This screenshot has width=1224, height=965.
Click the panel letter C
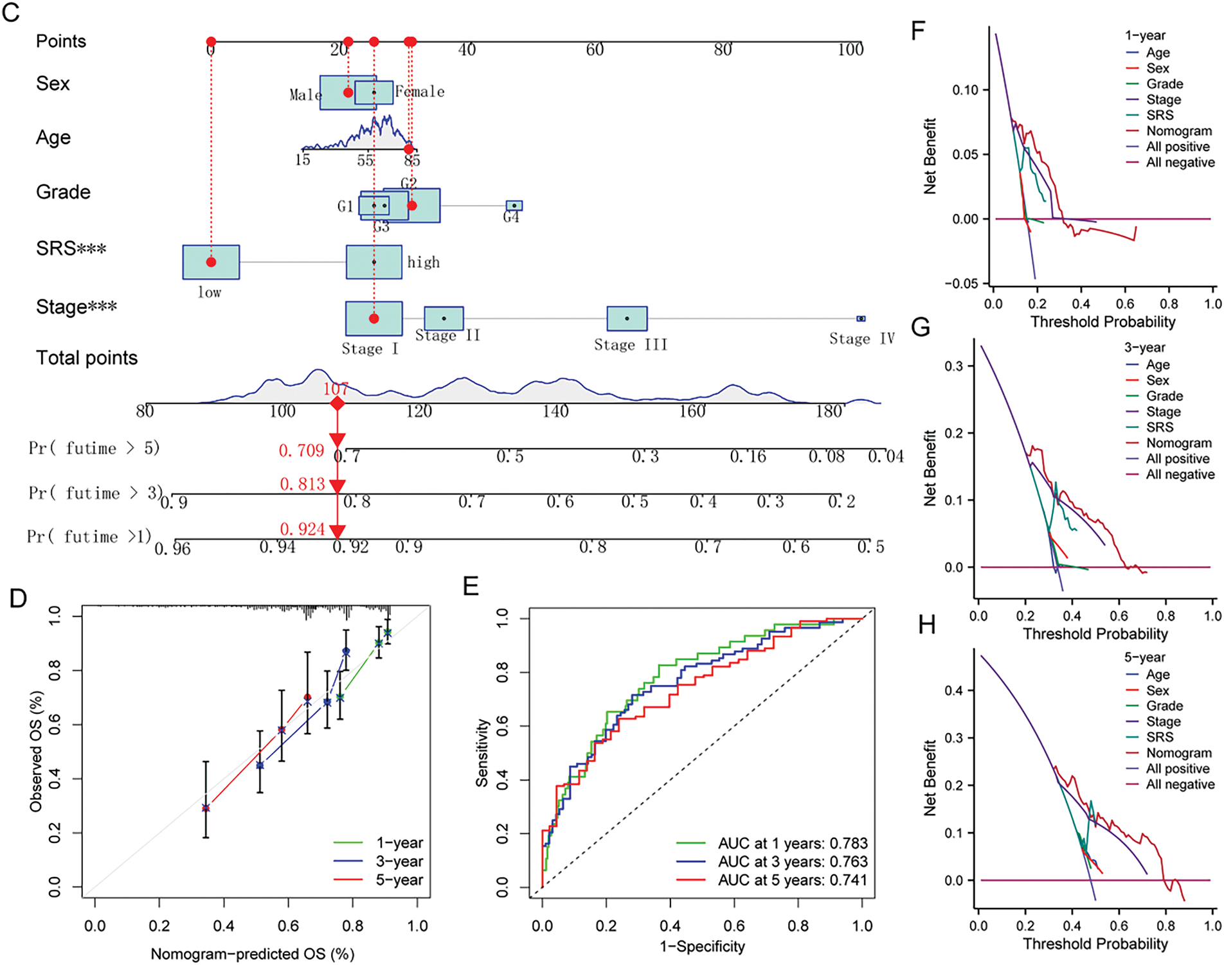point(12,13)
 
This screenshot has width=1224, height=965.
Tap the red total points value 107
point(336,389)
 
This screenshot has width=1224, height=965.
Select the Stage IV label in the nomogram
point(861,339)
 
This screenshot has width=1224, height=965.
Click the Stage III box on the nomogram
point(627,319)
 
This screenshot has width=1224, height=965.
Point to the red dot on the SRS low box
point(211,262)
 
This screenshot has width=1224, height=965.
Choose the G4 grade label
point(511,218)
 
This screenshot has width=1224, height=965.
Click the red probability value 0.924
point(302,529)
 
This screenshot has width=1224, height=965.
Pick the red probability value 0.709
point(301,451)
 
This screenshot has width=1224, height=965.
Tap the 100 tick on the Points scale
point(850,49)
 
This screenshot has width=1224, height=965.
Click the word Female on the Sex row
point(420,92)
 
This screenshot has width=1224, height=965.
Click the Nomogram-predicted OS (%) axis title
point(253,954)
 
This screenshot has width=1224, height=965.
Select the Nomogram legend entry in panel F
point(1178,131)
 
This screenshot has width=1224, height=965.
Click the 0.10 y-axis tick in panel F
point(965,90)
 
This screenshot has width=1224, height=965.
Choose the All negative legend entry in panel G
point(1180,475)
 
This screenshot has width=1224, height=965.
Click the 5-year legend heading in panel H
point(1144,657)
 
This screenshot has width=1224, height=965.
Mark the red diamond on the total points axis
point(337,403)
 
